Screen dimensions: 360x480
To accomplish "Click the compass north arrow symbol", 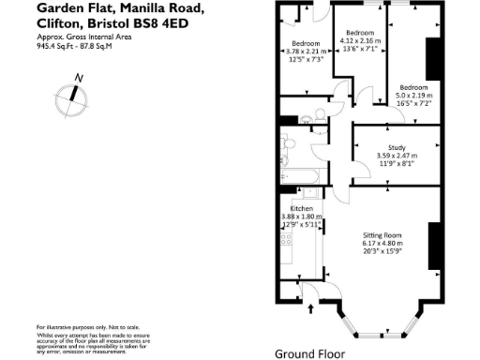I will pyautogui.click(x=71, y=94).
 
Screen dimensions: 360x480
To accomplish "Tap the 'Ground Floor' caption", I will pyautogui.click(x=308, y=354).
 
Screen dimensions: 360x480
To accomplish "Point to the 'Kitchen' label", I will pyautogui.click(x=301, y=208).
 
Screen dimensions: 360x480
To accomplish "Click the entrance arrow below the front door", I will pyautogui.click(x=310, y=307).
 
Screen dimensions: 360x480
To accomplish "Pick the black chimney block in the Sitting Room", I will pyautogui.click(x=433, y=247).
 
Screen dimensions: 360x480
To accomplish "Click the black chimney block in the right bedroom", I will pyautogui.click(x=432, y=60).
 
